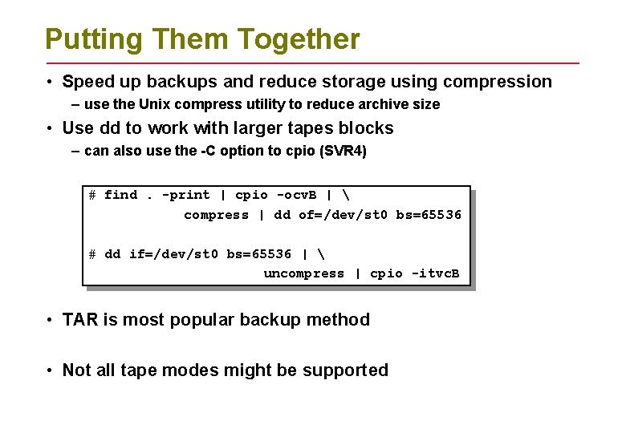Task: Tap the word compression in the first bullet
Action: point(498,82)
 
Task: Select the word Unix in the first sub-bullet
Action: point(156,104)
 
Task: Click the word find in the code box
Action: point(120,195)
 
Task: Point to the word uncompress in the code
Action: point(303,273)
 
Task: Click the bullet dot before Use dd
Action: point(50,129)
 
